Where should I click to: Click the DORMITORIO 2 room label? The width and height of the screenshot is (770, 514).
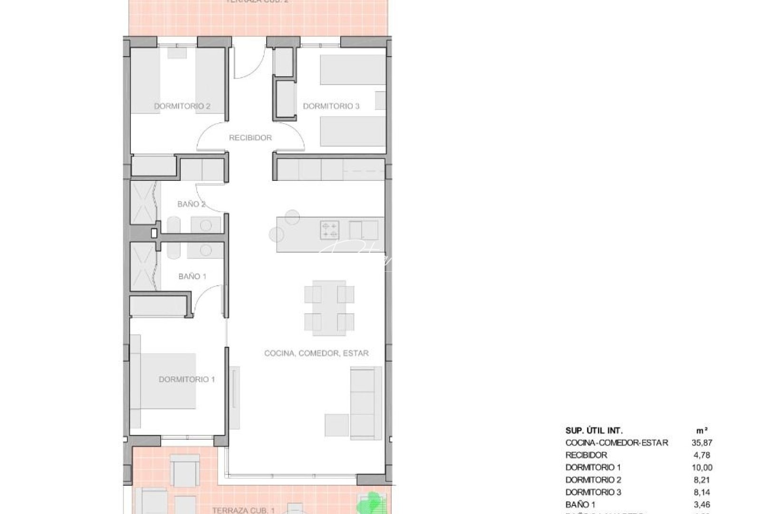click(182, 106)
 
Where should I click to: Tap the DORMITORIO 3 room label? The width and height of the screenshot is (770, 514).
click(331, 106)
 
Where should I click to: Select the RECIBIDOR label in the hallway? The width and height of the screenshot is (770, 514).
click(250, 138)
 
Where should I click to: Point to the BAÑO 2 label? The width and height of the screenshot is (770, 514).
click(192, 204)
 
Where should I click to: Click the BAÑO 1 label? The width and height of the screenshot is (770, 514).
click(192, 276)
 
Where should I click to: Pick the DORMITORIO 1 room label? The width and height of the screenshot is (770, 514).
click(187, 379)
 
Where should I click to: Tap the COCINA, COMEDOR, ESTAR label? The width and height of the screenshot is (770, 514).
click(317, 353)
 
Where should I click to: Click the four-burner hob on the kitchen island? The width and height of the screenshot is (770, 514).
click(330, 230)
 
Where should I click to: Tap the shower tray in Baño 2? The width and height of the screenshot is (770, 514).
click(143, 202)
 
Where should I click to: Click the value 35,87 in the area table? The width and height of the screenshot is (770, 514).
click(703, 443)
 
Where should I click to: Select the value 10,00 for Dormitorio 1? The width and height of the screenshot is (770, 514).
click(703, 467)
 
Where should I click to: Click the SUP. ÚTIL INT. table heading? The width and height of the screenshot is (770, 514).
click(594, 430)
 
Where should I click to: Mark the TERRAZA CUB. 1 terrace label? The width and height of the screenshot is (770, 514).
click(243, 510)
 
